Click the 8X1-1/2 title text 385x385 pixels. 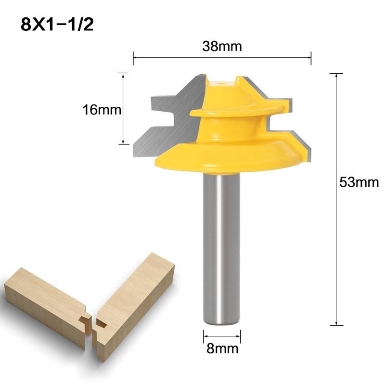coord(57,25)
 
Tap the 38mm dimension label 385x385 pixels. coord(222,47)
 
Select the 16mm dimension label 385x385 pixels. coord(101,110)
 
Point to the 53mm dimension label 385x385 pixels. coord(359,182)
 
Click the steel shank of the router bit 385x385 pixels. coord(221,241)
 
